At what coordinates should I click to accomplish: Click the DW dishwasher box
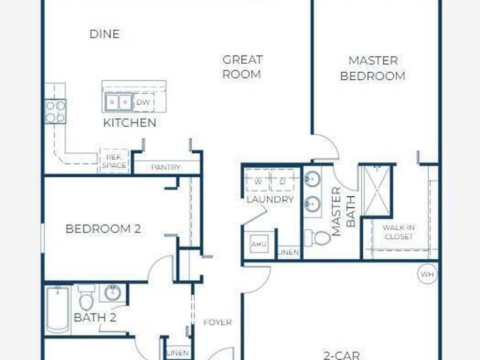coord(143,102)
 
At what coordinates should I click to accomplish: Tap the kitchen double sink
coord(119,102)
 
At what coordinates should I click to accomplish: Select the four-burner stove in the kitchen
coord(55,112)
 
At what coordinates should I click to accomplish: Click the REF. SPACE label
coord(114,161)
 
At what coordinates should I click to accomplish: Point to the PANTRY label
coord(165,167)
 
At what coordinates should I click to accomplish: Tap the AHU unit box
coord(259,244)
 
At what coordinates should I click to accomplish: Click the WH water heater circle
coord(427,274)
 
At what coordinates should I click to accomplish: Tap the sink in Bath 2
coord(113,292)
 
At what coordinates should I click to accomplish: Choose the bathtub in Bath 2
coord(58,309)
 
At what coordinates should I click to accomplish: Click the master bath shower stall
coord(377,190)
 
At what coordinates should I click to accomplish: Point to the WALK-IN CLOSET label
coord(398,232)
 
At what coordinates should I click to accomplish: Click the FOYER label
coord(217,322)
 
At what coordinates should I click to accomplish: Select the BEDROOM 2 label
coord(103,229)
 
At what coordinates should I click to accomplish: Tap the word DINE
coord(105,34)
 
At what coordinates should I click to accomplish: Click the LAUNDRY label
coord(270,199)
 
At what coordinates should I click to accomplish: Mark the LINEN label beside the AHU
coord(288,252)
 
